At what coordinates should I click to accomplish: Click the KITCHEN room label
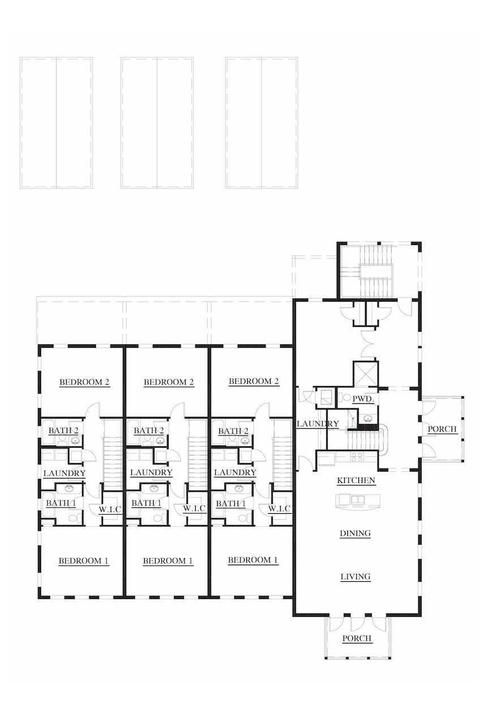[356, 480]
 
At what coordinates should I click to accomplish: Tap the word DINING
[355, 533]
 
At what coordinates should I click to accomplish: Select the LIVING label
[355, 577]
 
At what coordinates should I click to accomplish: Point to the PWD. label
[363, 399]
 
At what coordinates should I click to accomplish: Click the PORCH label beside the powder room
[442, 429]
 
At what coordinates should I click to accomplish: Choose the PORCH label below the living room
[357, 638]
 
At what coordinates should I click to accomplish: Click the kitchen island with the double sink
[358, 500]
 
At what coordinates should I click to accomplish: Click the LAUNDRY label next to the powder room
[317, 424]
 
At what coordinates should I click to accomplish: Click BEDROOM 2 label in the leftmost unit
[84, 382]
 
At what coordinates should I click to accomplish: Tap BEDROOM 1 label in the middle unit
[168, 561]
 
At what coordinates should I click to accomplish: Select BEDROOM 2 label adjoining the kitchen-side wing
[254, 381]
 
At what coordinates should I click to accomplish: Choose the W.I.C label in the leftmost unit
[110, 509]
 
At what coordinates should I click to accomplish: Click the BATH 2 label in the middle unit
[149, 430]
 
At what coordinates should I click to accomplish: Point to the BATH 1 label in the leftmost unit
[57, 502]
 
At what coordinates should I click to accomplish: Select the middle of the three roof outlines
[157, 122]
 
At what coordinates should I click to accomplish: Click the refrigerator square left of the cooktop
[326, 458]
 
